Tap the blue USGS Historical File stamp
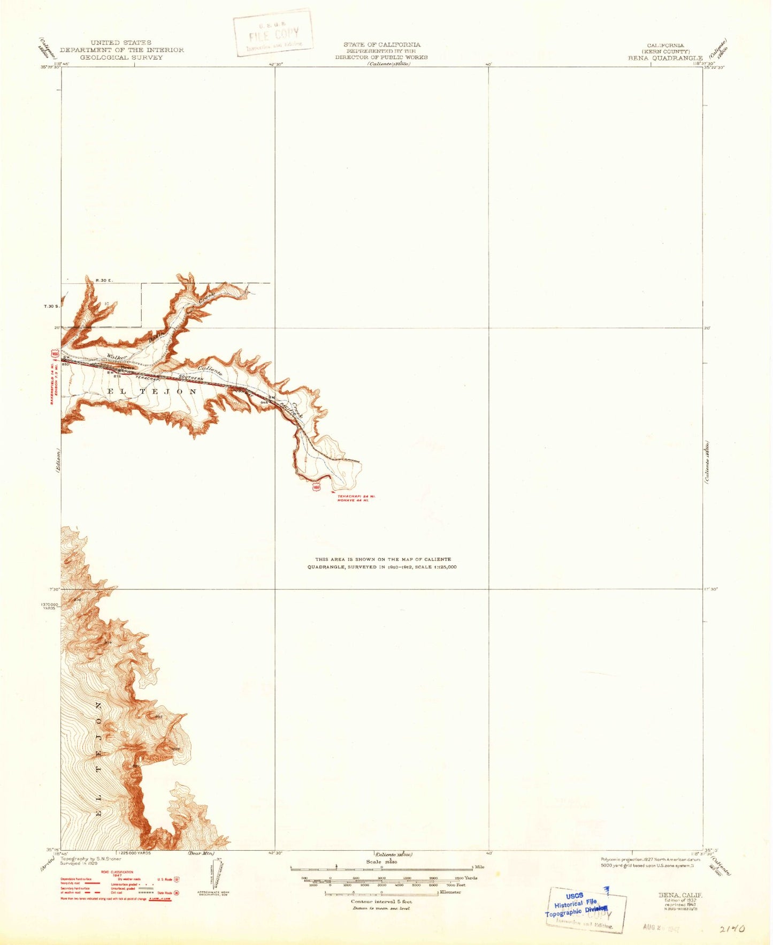click(576, 905)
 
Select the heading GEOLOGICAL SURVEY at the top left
click(121, 57)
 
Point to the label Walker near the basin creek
click(116, 357)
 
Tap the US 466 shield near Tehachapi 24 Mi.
click(317, 487)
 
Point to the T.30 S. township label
click(51, 306)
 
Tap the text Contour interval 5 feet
click(381, 902)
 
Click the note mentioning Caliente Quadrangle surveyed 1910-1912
click(382, 563)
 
